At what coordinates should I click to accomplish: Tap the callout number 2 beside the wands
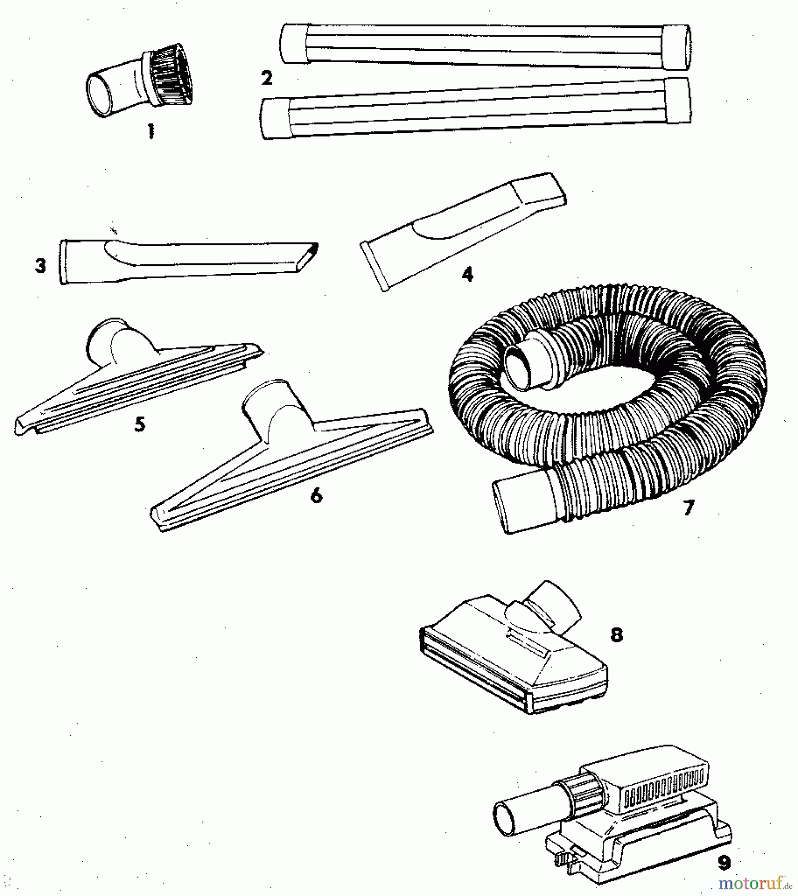click(x=267, y=78)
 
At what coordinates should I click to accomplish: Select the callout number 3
click(x=41, y=266)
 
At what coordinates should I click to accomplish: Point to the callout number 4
click(x=467, y=274)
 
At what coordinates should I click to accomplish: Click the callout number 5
click(x=140, y=424)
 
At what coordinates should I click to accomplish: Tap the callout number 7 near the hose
click(x=688, y=508)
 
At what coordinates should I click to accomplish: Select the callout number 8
click(x=617, y=635)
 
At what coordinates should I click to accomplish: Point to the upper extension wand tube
click(x=485, y=46)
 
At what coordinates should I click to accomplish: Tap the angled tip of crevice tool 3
click(x=309, y=256)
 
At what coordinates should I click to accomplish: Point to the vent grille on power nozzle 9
click(x=662, y=786)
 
